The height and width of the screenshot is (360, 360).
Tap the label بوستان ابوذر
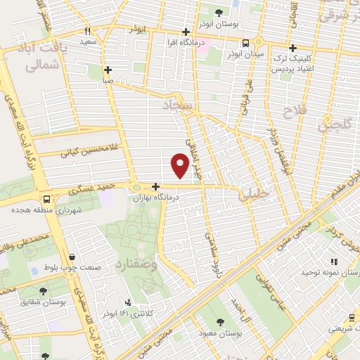(219, 23)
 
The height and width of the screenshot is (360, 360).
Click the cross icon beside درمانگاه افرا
(186, 32)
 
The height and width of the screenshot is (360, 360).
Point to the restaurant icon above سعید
(88, 31)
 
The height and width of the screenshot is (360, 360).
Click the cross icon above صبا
(108, 70)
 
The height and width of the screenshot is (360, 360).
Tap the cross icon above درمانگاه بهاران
(155, 186)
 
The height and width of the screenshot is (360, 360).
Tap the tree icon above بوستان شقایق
(44, 290)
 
